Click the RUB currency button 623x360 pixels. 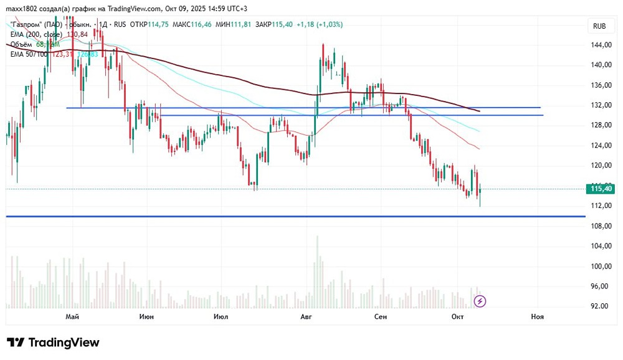click(599, 26)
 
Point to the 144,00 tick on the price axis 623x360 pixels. click(599, 45)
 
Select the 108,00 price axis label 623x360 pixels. click(599, 225)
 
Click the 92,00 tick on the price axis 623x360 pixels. click(599, 306)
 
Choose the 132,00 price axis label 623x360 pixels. click(599, 105)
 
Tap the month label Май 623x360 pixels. click(72, 317)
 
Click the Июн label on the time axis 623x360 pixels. click(147, 317)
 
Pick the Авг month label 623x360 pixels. click(305, 317)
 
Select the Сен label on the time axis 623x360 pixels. click(381, 317)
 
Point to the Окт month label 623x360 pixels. click(458, 317)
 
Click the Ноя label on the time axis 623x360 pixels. click(537, 317)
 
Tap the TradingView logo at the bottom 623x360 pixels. click(53, 343)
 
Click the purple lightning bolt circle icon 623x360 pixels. click(480, 301)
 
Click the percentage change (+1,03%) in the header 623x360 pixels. click(329, 24)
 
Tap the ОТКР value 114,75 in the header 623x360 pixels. click(157, 24)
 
